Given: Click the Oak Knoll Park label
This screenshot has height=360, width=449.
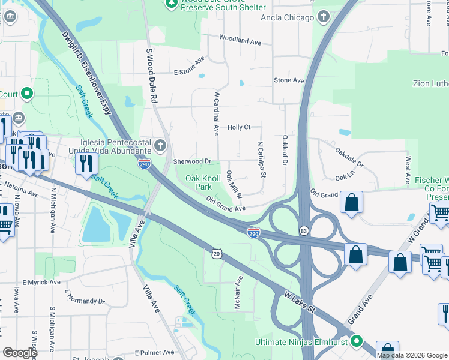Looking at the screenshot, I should [x=203, y=182].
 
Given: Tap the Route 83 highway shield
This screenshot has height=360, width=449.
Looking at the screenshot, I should [x=304, y=231].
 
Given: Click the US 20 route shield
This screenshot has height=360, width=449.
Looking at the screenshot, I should [x=216, y=254].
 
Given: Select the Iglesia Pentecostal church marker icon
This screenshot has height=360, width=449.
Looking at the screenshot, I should [x=160, y=145].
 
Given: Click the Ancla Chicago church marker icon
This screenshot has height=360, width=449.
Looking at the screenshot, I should [x=324, y=16].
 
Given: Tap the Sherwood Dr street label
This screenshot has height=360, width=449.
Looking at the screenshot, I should [x=192, y=161].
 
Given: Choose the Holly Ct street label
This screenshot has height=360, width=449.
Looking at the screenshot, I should [x=238, y=127].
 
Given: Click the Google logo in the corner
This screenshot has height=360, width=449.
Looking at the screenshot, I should [x=20, y=353].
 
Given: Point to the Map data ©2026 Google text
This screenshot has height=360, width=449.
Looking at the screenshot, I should [x=412, y=355].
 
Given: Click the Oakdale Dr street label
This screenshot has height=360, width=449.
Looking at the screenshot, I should [x=349, y=158].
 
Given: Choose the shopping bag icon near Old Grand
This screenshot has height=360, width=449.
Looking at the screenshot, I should [x=352, y=202].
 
